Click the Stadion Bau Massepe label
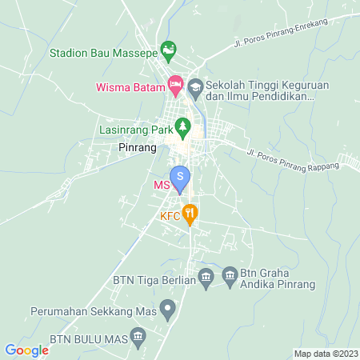pos(103,54)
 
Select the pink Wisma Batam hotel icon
pos(175,84)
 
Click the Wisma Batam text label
pos(130,84)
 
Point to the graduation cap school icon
pos(194,84)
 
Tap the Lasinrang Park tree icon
pos(183,126)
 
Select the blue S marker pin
pos(181,176)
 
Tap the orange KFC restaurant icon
pos(190,213)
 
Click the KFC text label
pos(170,216)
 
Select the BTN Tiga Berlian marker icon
pos(206,278)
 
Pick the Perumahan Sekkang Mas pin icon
pos(167,307)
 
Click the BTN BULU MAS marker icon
pos(138,336)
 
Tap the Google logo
pos(27,350)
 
